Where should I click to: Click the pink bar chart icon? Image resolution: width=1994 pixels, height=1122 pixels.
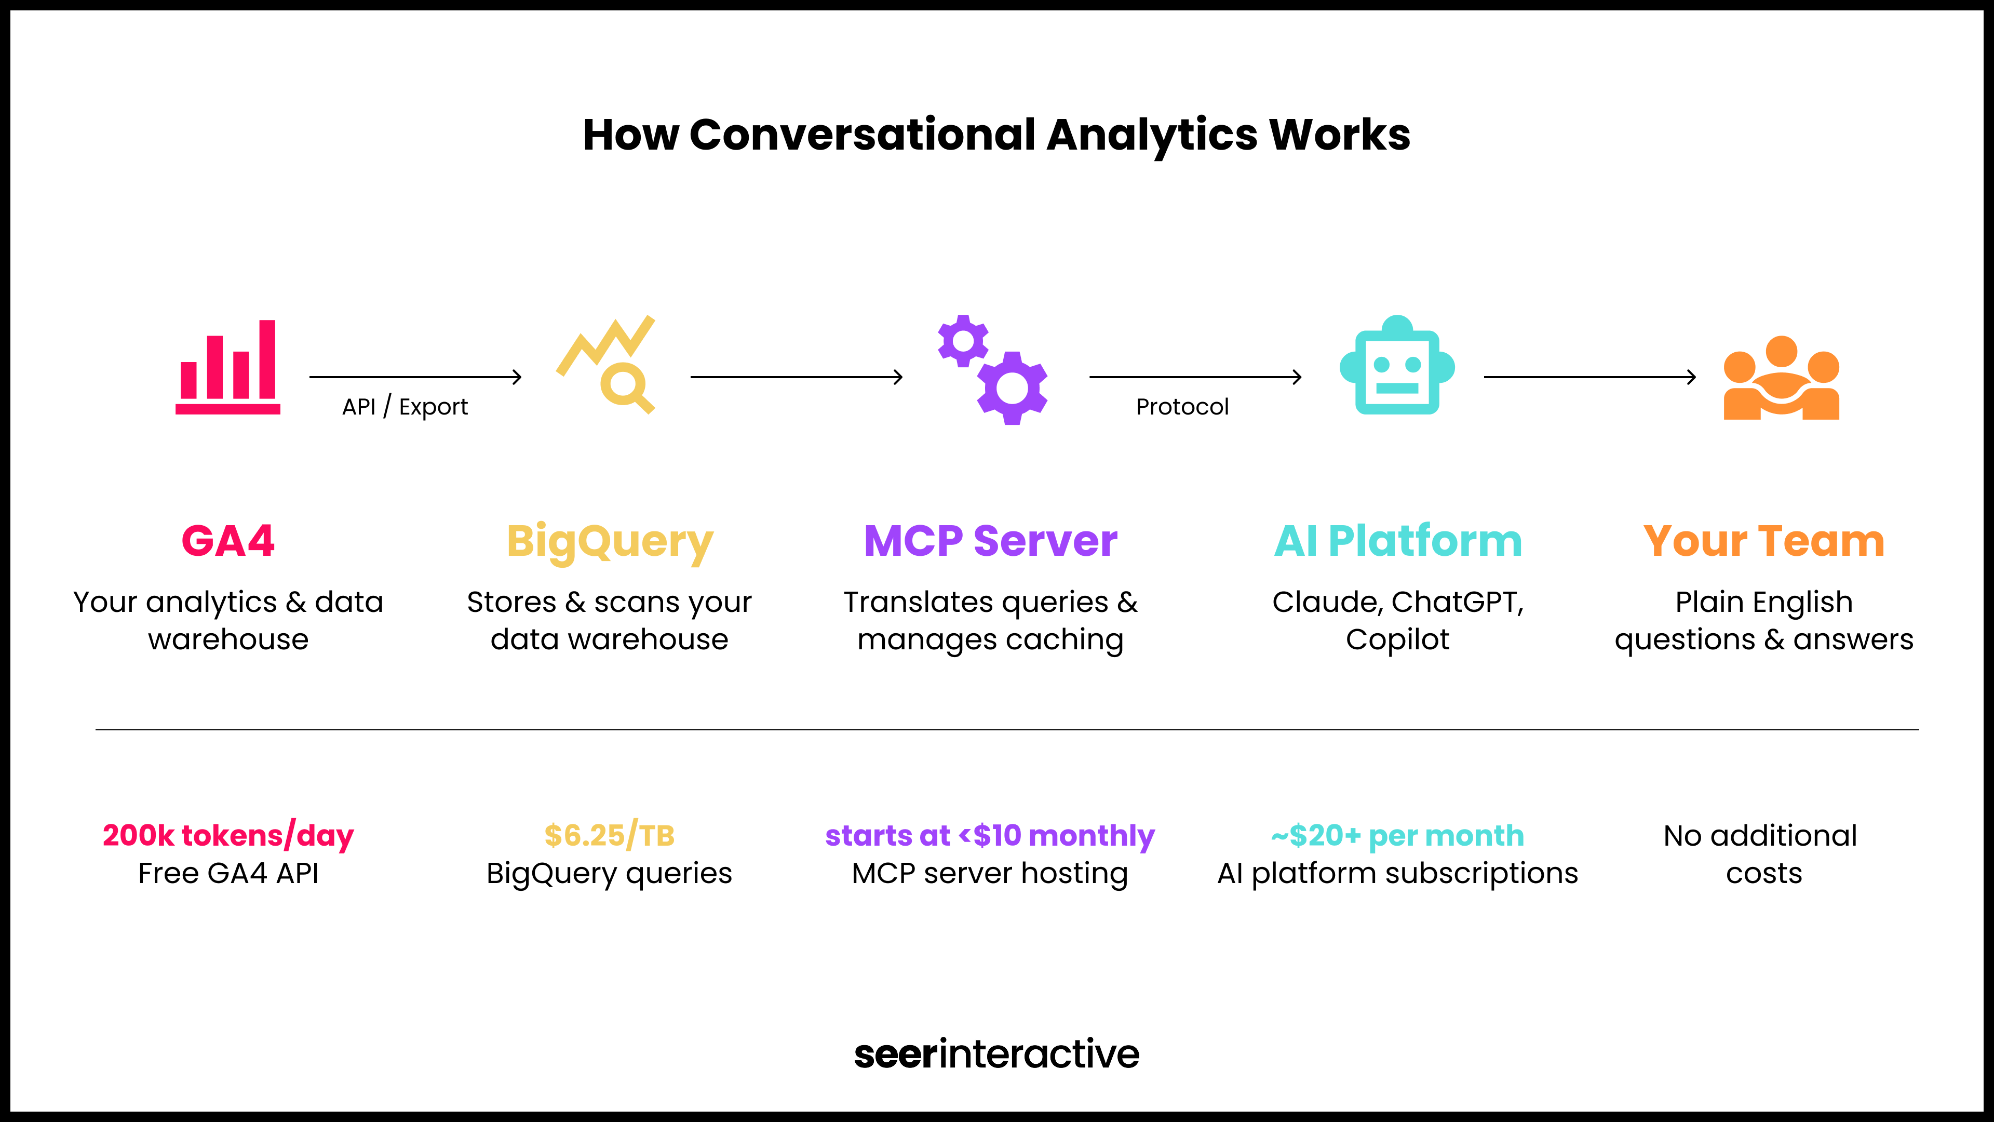click(x=227, y=367)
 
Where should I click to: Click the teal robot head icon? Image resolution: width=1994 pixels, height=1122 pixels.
click(x=1397, y=366)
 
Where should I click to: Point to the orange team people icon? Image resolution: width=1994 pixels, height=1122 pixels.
click(x=1781, y=379)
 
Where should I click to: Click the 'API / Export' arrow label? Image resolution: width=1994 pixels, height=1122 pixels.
click(x=405, y=407)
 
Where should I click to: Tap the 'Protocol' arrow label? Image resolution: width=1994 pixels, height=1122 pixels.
click(x=1182, y=407)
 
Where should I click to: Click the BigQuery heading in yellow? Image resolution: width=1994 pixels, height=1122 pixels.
click(x=609, y=542)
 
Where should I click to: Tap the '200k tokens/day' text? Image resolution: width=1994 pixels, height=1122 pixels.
click(x=227, y=835)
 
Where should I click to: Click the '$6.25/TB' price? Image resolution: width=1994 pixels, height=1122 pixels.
click(x=609, y=835)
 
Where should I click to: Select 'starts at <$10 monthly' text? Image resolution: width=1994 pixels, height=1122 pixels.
click(x=990, y=835)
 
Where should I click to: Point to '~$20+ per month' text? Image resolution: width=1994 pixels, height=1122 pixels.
click(x=1397, y=835)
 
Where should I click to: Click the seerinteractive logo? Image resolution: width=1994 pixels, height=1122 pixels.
click(x=996, y=1054)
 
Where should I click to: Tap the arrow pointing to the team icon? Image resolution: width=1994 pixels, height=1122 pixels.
click(x=1589, y=377)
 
